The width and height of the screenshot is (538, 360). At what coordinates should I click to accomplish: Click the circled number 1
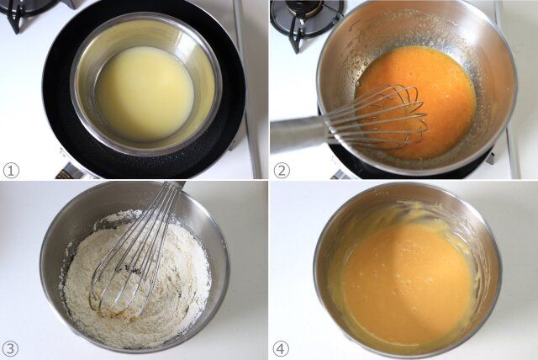pos(11,170)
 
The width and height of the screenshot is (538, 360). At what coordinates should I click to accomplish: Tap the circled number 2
pos(282,170)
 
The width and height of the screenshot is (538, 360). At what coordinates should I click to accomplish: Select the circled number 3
pos(11,349)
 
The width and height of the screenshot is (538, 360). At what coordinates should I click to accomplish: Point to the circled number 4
pos(281,349)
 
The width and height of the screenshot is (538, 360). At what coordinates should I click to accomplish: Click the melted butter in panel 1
pos(144,94)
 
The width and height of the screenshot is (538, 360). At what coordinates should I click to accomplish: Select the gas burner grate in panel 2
pos(302,20)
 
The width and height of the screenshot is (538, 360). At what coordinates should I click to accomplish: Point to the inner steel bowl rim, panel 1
pos(74,86)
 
